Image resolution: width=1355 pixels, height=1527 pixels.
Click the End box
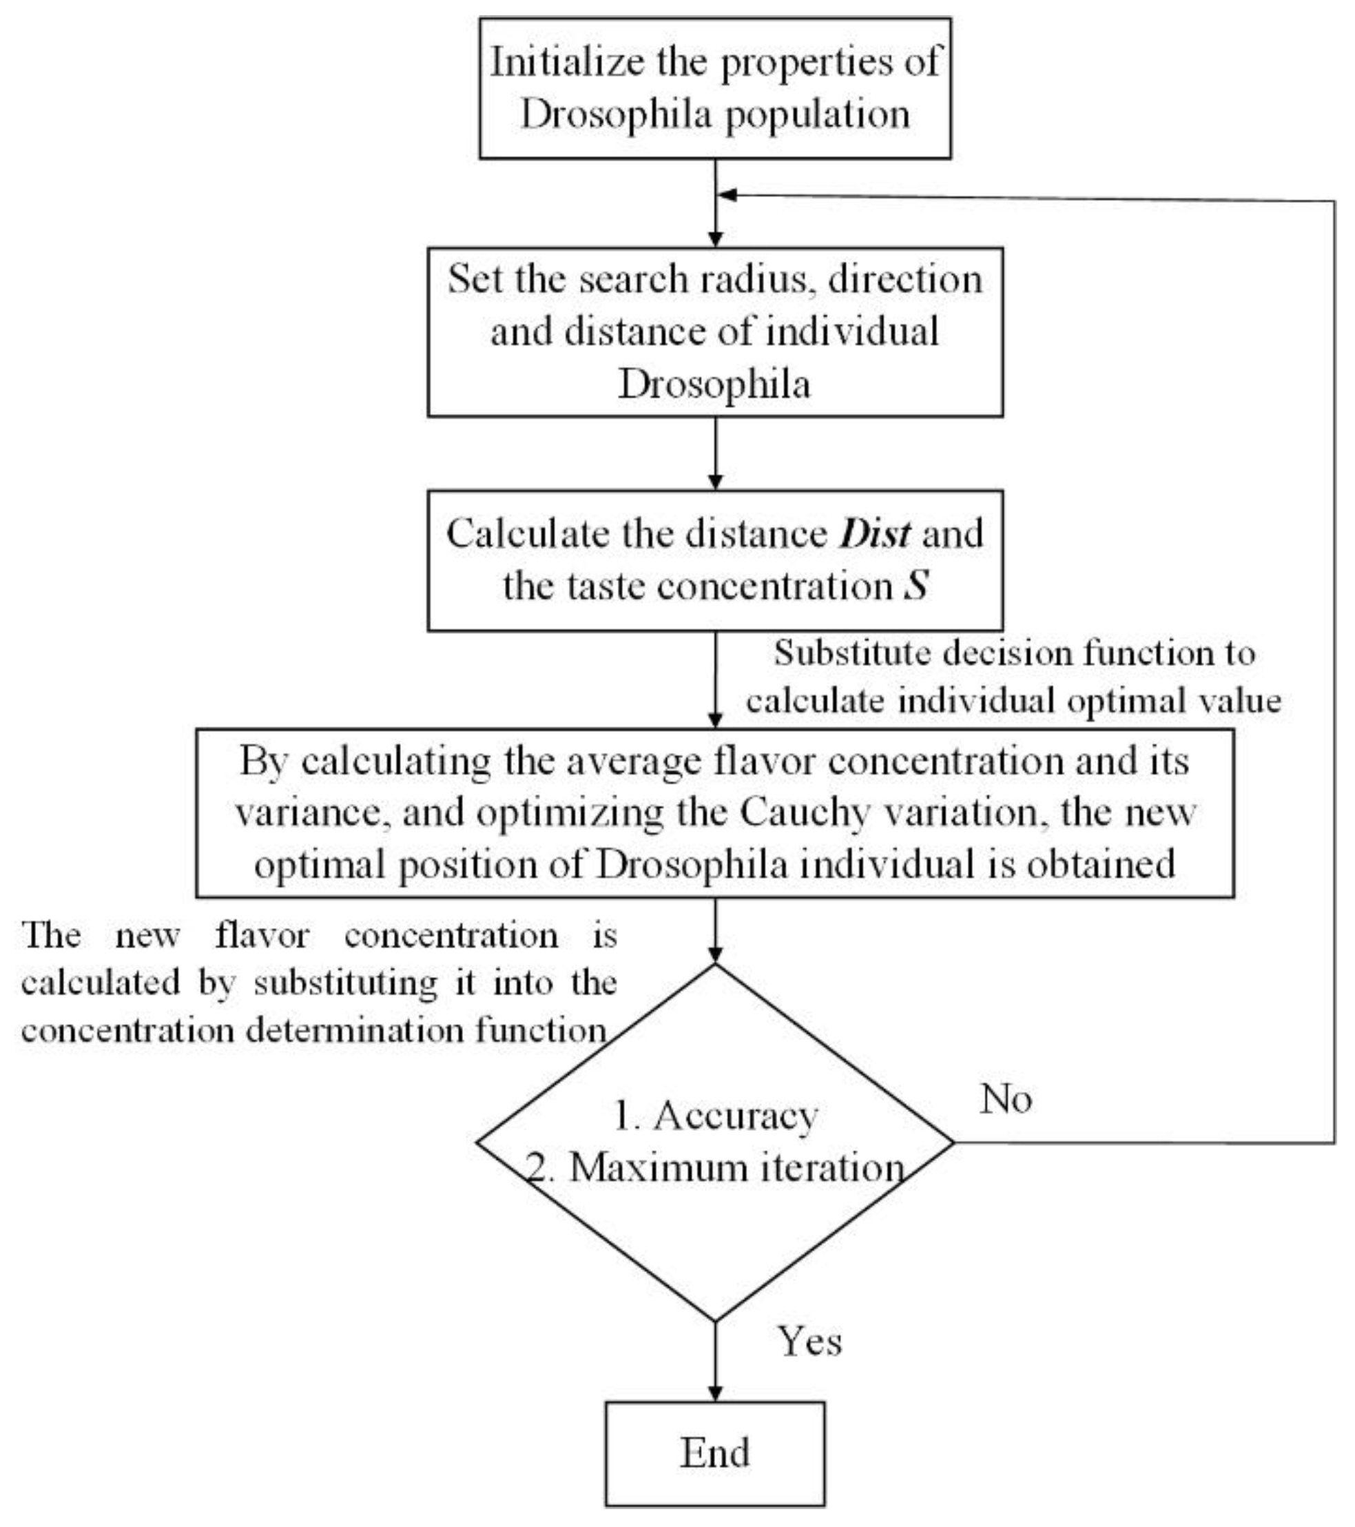[x=715, y=1453]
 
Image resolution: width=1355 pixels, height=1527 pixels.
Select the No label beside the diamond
[x=1006, y=1099]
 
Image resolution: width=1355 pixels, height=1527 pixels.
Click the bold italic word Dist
[x=875, y=534]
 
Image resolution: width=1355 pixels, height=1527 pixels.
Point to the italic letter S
[x=916, y=585]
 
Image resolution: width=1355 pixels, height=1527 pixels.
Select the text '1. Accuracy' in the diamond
[x=715, y=1117]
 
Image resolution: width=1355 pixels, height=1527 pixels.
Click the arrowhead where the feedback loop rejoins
[x=726, y=195]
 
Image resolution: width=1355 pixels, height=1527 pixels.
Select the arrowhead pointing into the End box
[x=715, y=1394]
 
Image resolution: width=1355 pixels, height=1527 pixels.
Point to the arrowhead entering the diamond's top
[x=715, y=956]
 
